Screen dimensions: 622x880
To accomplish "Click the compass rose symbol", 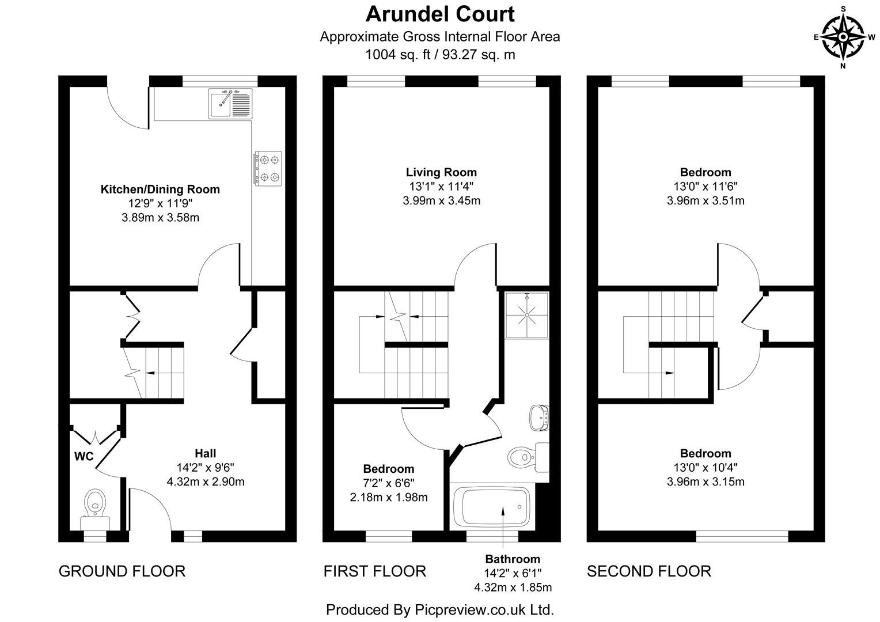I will click(x=843, y=36).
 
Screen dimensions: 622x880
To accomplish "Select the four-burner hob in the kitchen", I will click(x=268, y=168).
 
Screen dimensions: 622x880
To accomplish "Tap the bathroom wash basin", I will click(x=540, y=417).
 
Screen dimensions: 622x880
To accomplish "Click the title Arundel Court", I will click(x=440, y=14).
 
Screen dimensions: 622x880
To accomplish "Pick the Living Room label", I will click(x=441, y=172).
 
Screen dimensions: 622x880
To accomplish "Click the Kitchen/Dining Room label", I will click(x=160, y=189).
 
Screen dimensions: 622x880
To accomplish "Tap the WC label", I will click(x=84, y=457).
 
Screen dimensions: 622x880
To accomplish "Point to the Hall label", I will click(x=205, y=453).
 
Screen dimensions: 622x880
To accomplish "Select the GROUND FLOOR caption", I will click(x=122, y=571).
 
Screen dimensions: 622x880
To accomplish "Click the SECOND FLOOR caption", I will click(x=648, y=571).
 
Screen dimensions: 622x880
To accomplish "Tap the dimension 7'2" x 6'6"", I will click(x=389, y=483).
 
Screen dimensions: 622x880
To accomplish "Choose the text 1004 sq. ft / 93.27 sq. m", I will click(x=440, y=55).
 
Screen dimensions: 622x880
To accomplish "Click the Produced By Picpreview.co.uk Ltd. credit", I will click(x=440, y=609).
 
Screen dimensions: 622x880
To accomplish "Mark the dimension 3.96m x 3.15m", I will click(x=705, y=481).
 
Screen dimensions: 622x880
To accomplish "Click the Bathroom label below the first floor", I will click(x=513, y=559).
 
